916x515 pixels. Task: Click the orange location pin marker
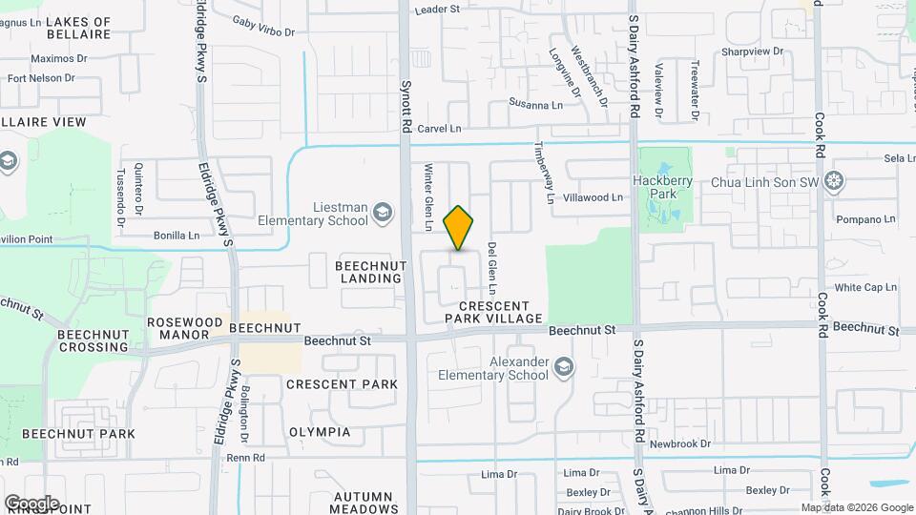458,228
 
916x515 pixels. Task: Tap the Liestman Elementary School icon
383,212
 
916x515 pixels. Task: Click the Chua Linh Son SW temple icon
835,180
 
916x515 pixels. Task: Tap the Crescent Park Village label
493,312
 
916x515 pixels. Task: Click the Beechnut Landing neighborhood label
369,271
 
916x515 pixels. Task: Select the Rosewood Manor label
184,329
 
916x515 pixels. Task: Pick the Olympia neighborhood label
319,432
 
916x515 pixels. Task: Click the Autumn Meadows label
363,503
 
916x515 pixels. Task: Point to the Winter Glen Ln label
428,196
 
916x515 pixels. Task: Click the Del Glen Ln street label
491,267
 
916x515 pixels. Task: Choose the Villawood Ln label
593,197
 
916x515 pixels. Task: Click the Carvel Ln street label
439,128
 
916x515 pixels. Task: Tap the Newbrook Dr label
680,444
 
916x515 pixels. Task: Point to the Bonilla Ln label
177,235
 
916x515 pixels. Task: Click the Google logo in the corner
31,503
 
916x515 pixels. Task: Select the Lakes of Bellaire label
78,28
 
